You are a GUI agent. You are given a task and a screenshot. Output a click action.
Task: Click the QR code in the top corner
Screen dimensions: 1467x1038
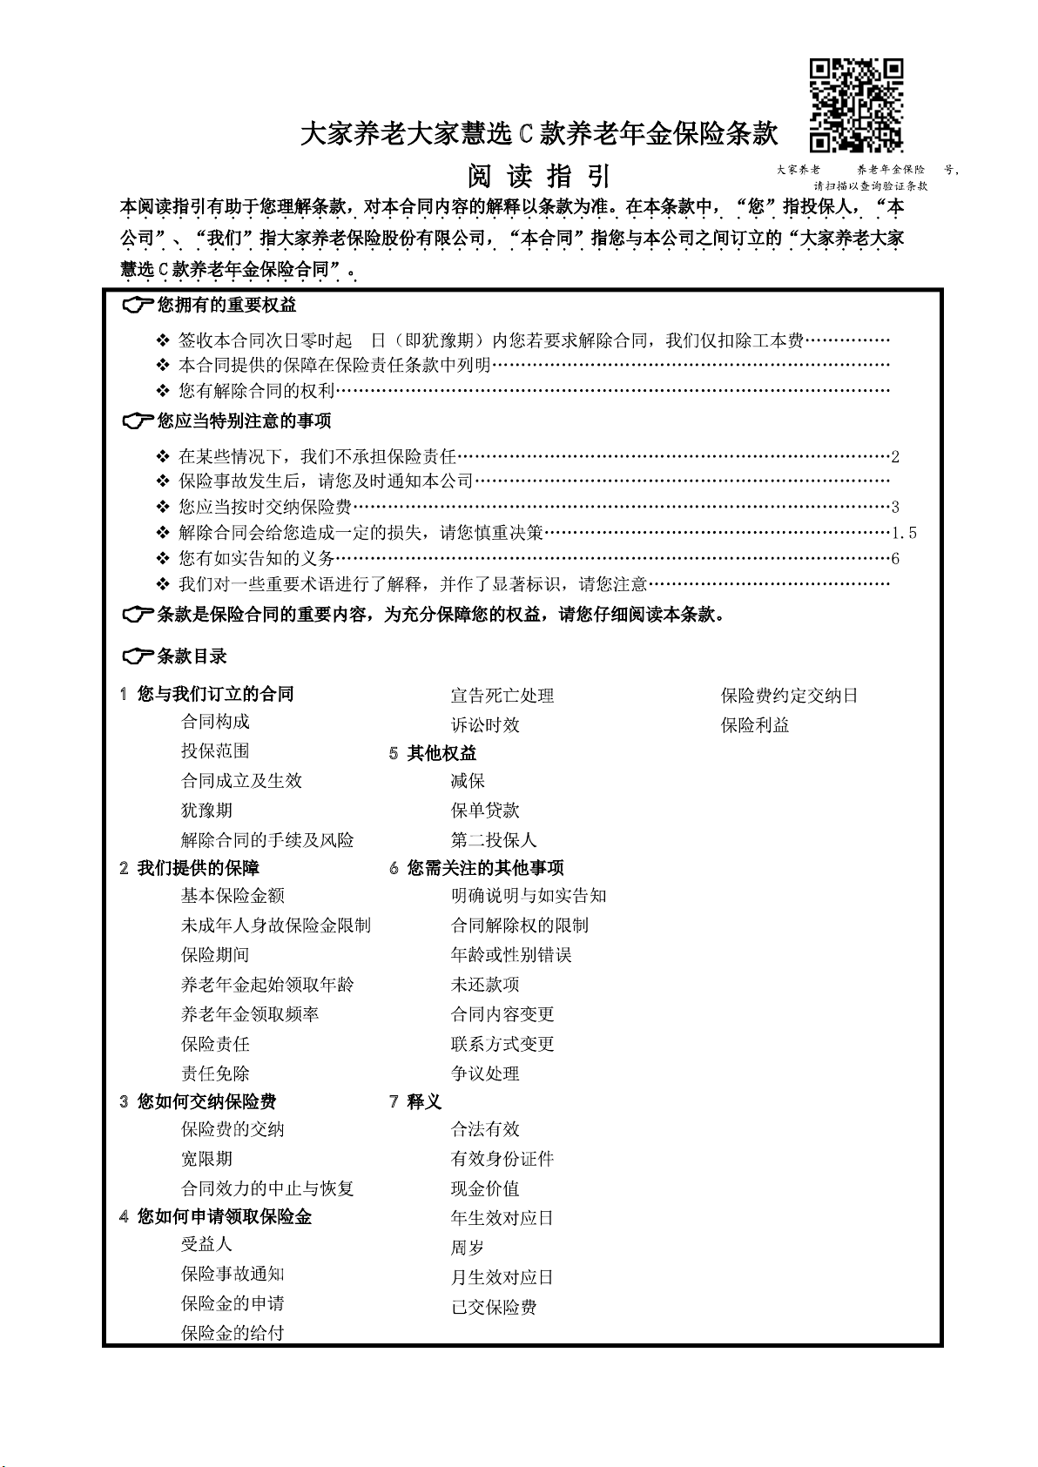[x=856, y=105]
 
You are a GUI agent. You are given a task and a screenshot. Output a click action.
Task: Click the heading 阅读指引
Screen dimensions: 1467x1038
[x=540, y=176]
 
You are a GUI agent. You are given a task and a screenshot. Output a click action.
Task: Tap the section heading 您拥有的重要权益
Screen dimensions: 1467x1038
[x=226, y=305]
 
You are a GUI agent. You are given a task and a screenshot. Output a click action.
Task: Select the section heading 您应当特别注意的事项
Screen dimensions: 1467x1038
[x=244, y=421]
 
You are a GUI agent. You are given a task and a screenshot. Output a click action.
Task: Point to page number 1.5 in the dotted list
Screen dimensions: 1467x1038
[x=904, y=533]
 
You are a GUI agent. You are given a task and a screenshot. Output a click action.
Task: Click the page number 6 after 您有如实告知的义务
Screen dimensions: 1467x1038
[x=895, y=559]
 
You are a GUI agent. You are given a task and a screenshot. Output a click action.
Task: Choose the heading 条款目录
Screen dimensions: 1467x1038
[x=192, y=656]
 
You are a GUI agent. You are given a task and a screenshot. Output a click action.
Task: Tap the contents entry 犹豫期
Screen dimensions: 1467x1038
[x=206, y=811]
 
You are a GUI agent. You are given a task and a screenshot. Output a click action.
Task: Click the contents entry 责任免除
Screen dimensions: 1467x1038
[x=215, y=1073]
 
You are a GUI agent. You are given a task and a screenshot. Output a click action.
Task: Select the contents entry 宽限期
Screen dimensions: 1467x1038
[x=206, y=1159]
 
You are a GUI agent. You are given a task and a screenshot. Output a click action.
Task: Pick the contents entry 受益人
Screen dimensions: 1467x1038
[x=206, y=1244]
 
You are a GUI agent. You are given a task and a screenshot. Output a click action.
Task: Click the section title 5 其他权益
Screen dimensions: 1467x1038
[x=433, y=753]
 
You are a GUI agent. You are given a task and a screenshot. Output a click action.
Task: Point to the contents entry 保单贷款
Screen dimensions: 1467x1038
[x=485, y=811]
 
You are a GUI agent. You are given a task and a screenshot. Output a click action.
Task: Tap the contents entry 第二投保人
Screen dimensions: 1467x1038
[x=494, y=840]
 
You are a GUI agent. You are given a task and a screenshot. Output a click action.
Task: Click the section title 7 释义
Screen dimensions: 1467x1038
[x=415, y=1101]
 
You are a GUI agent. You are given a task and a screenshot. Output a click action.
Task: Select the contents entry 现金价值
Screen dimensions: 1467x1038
[x=485, y=1188]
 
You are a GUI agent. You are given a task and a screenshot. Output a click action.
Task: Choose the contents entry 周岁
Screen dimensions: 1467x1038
[x=468, y=1248]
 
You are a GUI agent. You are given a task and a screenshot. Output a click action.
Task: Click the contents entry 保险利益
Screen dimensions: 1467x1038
[x=755, y=725]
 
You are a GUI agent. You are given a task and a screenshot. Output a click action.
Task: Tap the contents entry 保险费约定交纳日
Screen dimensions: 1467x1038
[x=790, y=696]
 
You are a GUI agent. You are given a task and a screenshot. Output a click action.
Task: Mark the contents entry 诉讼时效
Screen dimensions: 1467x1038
[x=485, y=725]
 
